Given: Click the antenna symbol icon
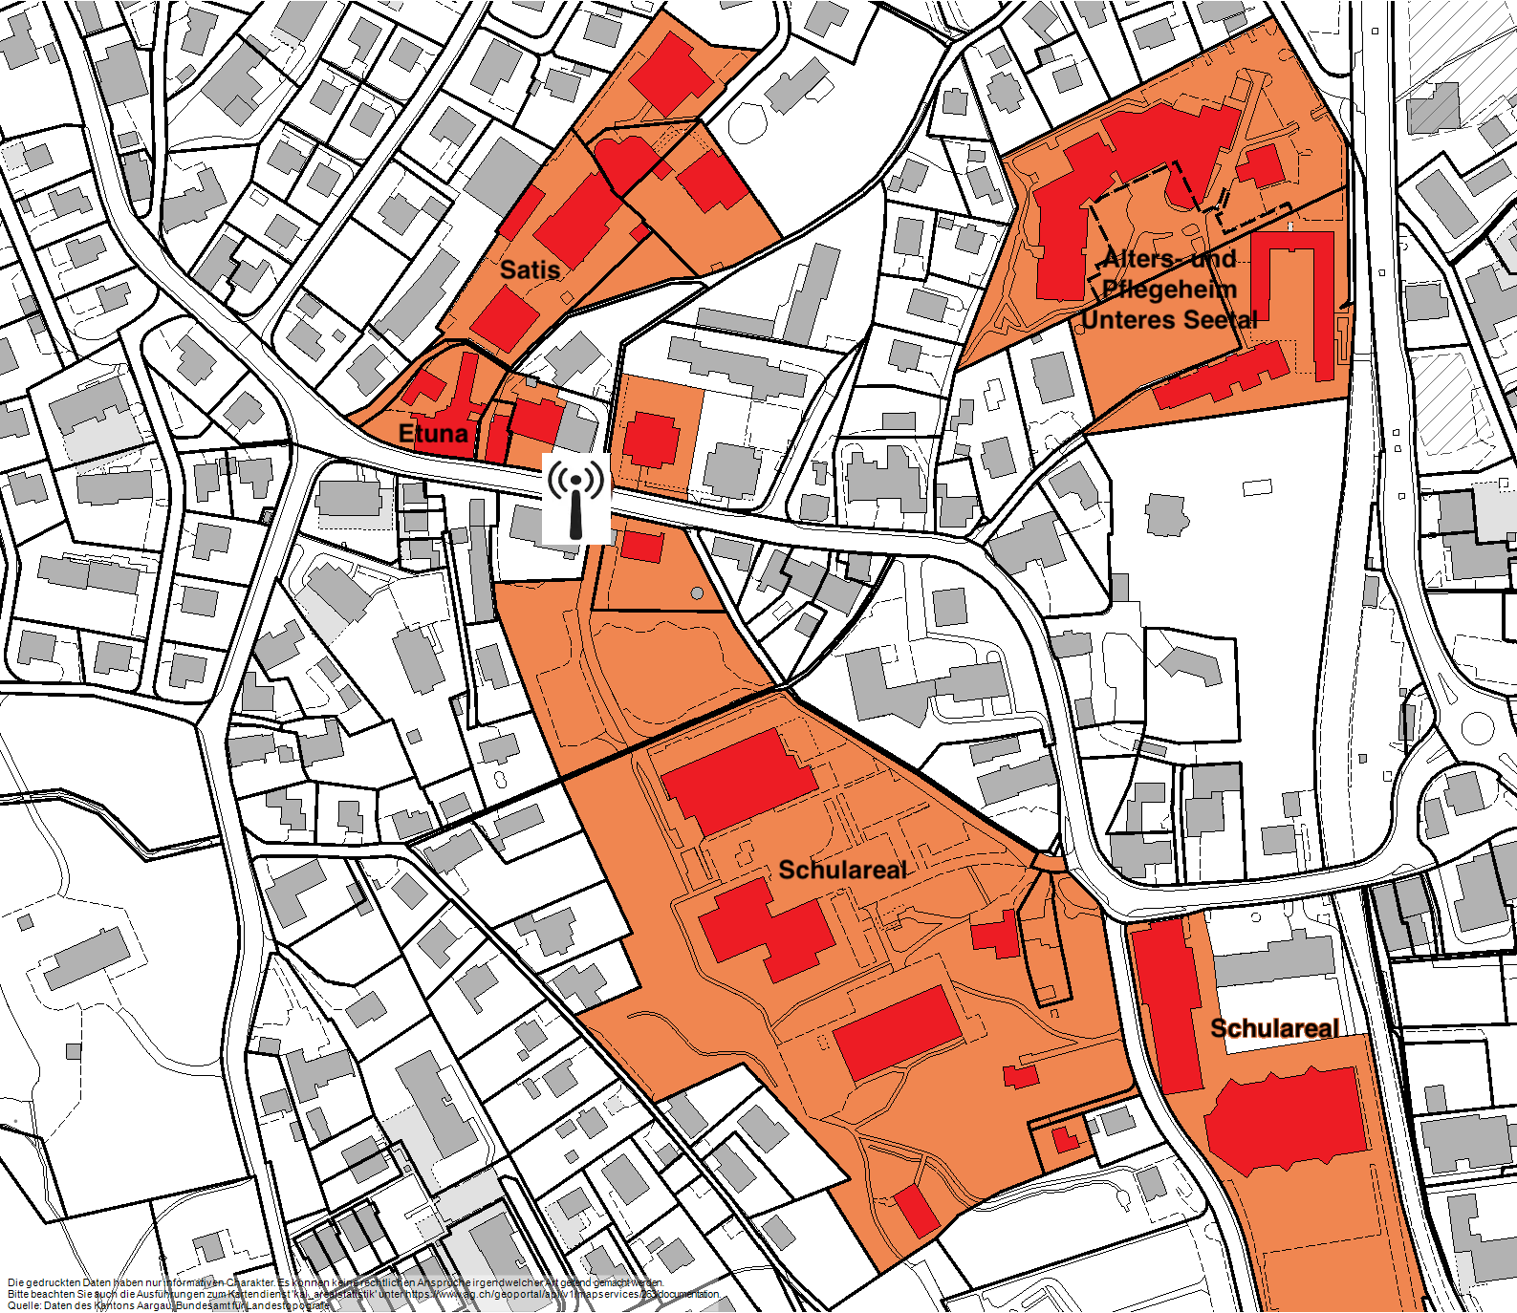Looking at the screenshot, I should (576, 499).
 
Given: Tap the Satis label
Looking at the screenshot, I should (530, 269).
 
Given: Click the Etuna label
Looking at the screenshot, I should (433, 433).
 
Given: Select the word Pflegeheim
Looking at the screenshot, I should (1169, 289).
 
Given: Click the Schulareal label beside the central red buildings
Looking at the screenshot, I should (842, 870).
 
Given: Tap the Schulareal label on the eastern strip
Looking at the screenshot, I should (1274, 1028).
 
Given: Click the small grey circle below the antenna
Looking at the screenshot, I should (697, 594).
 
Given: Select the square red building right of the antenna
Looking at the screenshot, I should (651, 441).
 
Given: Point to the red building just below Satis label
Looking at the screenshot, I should (505, 319).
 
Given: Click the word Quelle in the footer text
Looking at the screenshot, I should (23, 1305).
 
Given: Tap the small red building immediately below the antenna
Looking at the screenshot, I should (641, 546).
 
